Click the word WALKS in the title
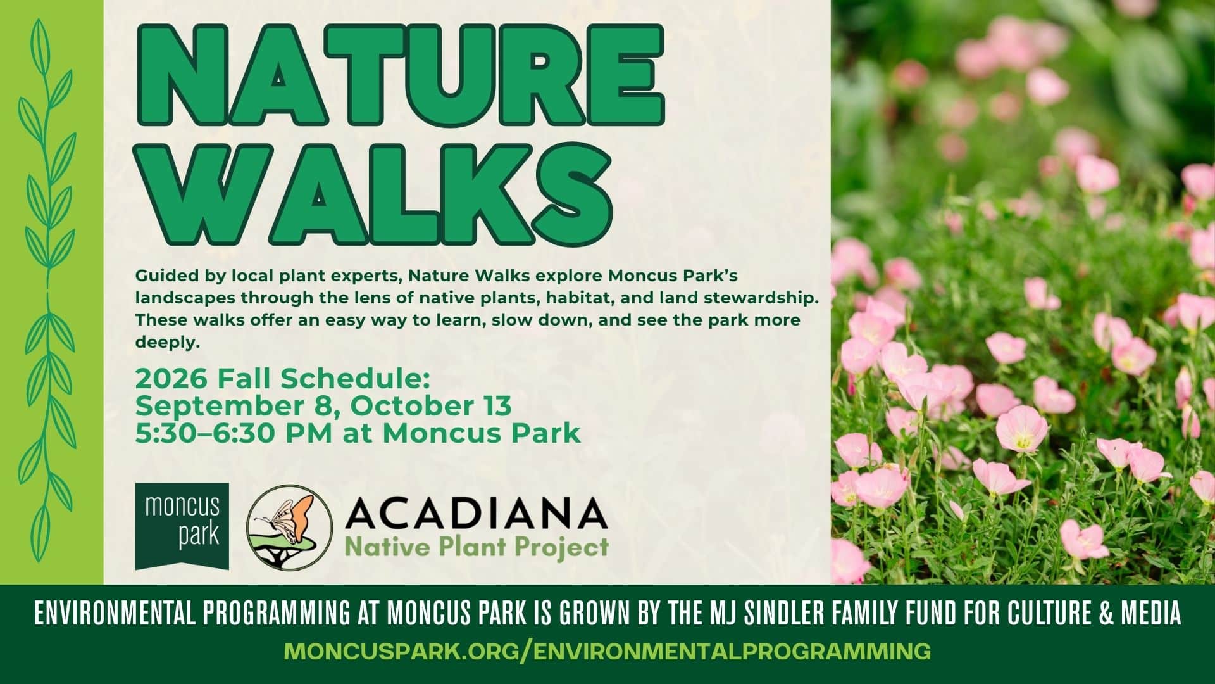tap(375, 193)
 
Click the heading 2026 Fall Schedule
tap(282, 379)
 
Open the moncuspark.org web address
tap(607, 650)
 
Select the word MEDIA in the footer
tap(1154, 614)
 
